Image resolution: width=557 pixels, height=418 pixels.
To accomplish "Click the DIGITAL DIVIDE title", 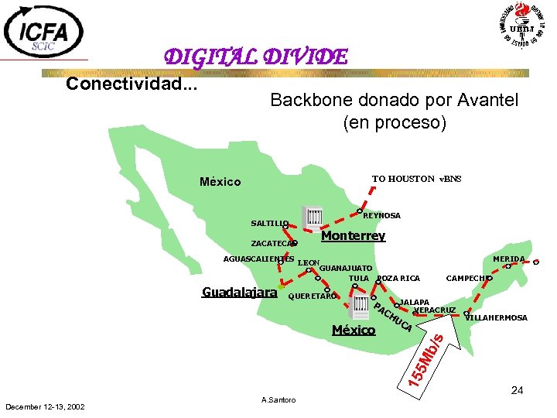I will pyautogui.click(x=255, y=57).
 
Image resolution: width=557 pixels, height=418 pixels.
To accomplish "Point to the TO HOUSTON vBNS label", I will pyautogui.click(x=416, y=179).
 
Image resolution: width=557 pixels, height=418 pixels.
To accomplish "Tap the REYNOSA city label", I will pyautogui.click(x=382, y=216).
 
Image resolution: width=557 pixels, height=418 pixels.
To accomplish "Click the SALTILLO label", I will pyautogui.click(x=268, y=224).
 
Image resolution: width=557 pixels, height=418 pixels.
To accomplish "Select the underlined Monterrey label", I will pyautogui.click(x=353, y=235).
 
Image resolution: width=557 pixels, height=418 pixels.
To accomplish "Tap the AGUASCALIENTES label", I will pyautogui.click(x=258, y=258).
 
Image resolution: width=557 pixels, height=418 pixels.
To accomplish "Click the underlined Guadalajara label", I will pyautogui.click(x=239, y=293).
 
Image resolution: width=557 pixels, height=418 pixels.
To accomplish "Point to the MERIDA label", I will pyautogui.click(x=508, y=259).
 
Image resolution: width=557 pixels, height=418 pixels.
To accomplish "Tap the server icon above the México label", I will pyautogui.click(x=358, y=307).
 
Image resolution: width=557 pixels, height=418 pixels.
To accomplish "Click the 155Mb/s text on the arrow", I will pyautogui.click(x=426, y=361).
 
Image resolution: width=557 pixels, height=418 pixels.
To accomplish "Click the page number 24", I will pyautogui.click(x=518, y=390).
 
